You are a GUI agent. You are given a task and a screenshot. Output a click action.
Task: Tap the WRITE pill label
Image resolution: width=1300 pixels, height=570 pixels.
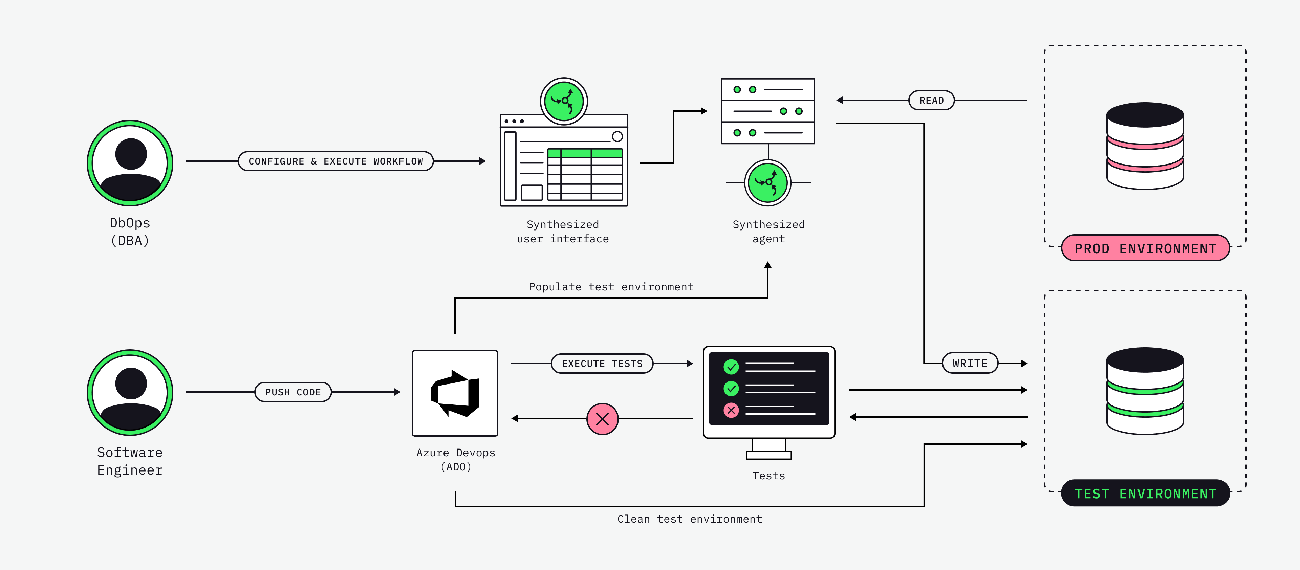click(970, 363)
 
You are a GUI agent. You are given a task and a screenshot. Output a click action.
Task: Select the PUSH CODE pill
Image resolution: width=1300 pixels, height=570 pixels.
click(293, 392)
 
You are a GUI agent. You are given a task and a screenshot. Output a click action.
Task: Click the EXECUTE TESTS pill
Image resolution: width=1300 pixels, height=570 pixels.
click(602, 364)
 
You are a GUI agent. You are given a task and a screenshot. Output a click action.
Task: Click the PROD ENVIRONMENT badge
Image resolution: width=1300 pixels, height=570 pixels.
click(1145, 248)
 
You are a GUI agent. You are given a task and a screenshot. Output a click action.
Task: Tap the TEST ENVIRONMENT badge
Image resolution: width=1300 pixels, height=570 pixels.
click(1145, 493)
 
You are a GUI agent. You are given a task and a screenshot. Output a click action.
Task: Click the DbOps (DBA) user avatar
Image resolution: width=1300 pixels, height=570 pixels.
click(130, 163)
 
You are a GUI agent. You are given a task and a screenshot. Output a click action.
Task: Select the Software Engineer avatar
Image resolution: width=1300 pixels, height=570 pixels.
click(130, 392)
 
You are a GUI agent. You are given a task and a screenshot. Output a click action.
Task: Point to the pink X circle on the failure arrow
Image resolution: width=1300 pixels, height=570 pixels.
click(603, 419)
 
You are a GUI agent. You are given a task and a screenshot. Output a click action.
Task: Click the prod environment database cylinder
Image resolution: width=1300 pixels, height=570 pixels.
click(1145, 146)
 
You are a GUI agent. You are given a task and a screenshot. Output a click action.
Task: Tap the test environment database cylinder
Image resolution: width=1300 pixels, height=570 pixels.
click(1145, 391)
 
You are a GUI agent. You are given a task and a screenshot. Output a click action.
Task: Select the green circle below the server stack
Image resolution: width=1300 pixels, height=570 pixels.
click(767, 182)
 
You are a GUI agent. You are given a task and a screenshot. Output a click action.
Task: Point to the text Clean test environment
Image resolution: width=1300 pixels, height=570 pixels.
click(690, 519)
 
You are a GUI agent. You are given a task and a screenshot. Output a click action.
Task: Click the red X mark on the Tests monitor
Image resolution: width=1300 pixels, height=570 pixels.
click(731, 410)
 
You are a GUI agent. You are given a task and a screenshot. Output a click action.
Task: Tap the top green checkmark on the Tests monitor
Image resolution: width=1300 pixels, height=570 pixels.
click(731, 367)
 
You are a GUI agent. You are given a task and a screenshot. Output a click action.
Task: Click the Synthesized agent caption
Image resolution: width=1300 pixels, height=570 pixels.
click(768, 232)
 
